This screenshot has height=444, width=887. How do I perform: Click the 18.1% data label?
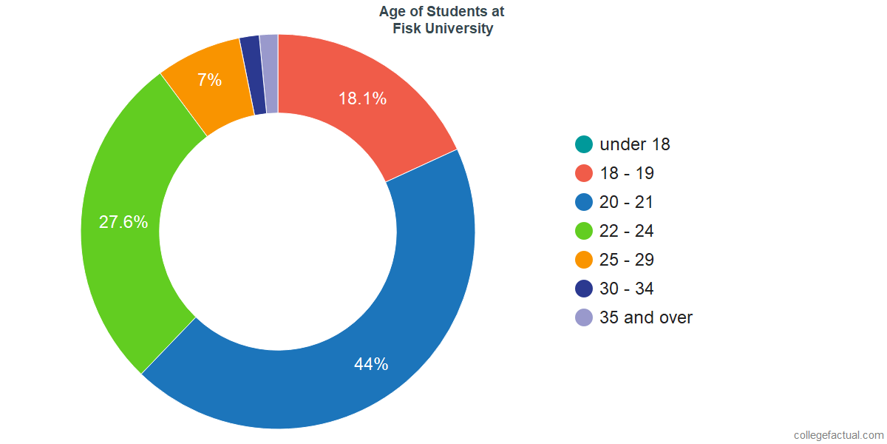pyautogui.click(x=362, y=98)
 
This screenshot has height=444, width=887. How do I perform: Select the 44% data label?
pyautogui.click(x=370, y=364)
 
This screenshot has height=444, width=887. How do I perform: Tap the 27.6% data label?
pyautogui.click(x=123, y=222)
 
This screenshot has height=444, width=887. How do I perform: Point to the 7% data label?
pyautogui.click(x=209, y=80)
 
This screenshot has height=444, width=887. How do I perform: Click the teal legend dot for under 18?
pyautogui.click(x=584, y=144)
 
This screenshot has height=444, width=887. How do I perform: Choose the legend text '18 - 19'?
pyautogui.click(x=627, y=173)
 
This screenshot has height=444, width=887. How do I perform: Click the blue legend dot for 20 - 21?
pyautogui.click(x=584, y=202)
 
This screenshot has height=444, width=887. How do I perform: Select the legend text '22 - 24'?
pyautogui.click(x=627, y=231)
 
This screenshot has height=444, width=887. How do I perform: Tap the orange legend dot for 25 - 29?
pyautogui.click(x=584, y=260)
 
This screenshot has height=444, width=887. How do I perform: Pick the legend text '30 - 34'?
pyautogui.click(x=627, y=289)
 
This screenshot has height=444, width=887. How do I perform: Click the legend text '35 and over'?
pyautogui.click(x=646, y=317)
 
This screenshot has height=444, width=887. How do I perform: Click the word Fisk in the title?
pyautogui.click(x=406, y=30)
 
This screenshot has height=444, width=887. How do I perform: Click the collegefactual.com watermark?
pyautogui.click(x=837, y=435)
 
